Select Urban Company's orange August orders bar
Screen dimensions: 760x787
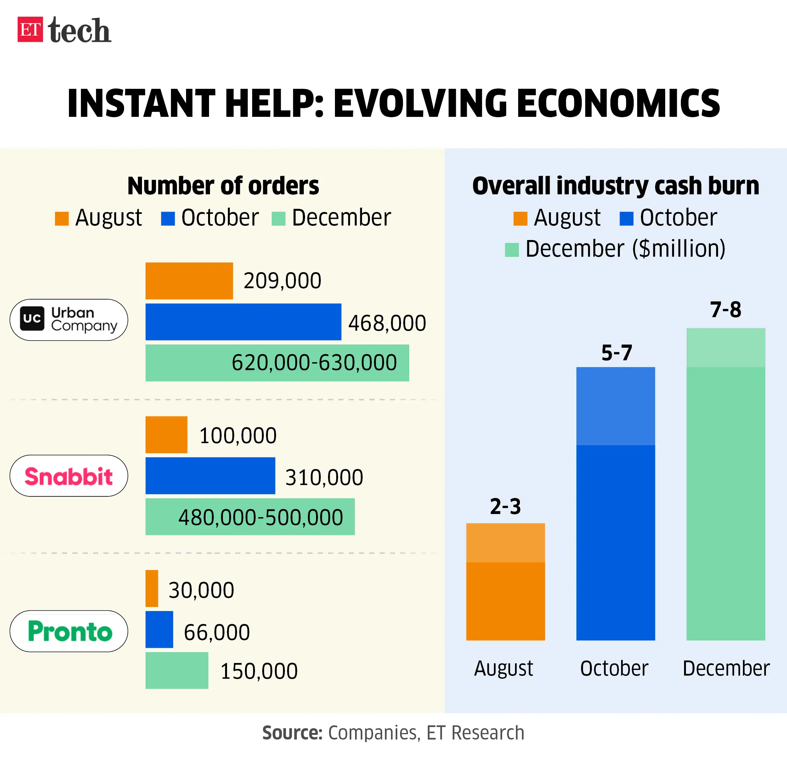coord(189,281)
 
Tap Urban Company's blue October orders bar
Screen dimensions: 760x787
coord(243,322)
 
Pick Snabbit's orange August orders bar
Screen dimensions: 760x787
coord(166,435)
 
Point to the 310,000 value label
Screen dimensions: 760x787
coord(324,477)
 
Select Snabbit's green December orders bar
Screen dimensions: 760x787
coord(250,517)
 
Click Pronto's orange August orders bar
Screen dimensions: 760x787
coord(152,588)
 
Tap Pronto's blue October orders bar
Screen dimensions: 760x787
coord(159,630)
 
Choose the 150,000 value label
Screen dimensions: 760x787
coord(259,671)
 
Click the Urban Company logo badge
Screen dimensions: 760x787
coord(69,320)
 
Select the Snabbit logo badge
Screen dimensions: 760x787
coord(69,476)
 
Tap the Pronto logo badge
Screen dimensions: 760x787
coord(69,631)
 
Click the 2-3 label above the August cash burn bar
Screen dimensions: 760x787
coord(505,506)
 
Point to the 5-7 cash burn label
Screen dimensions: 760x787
coord(616,353)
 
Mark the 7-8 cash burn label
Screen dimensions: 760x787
coord(726,309)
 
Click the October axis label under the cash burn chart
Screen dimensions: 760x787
coord(614,668)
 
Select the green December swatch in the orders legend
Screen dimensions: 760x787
coord(278,219)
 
